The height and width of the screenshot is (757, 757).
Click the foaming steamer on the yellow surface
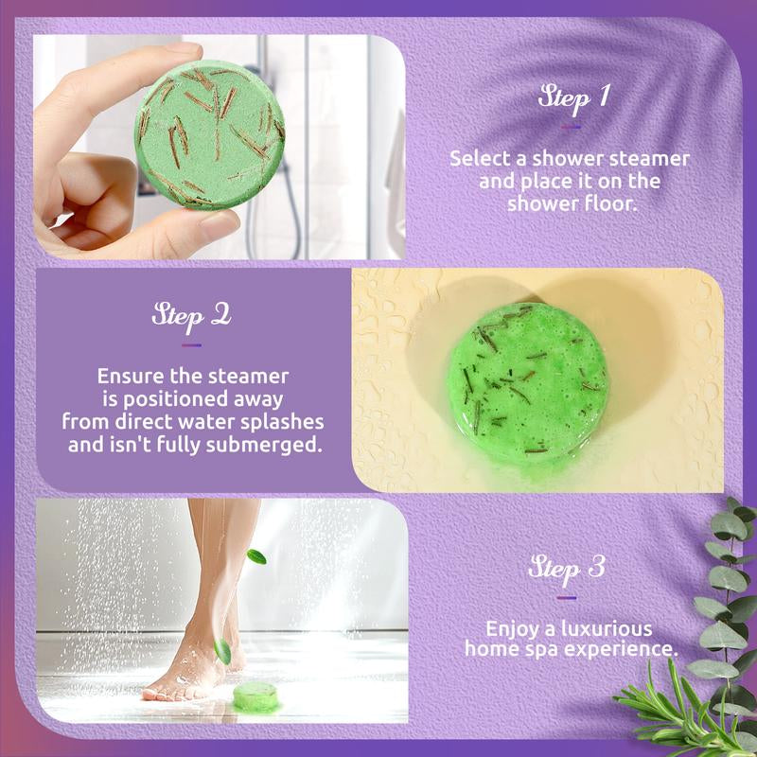(526, 382)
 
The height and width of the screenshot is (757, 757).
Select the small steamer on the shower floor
(255, 697)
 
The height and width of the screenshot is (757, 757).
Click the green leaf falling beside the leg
(256, 556)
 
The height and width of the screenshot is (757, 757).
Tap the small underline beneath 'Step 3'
(567, 597)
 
